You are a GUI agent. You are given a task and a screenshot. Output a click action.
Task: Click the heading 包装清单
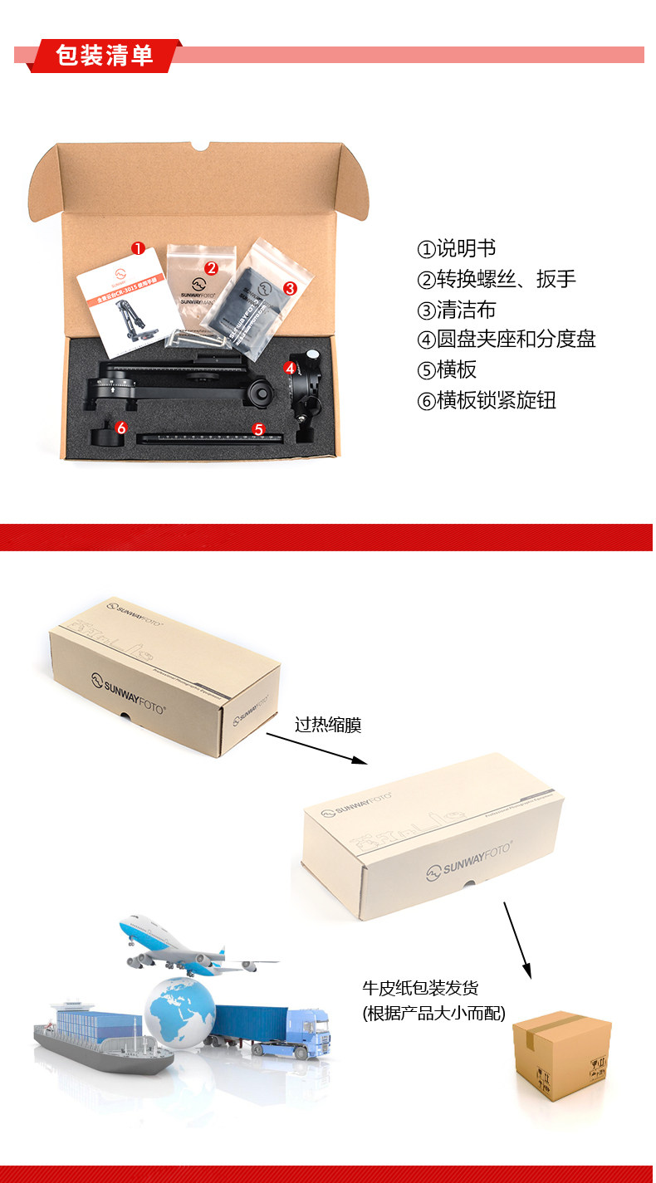click(x=105, y=55)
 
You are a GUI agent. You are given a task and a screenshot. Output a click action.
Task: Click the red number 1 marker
click(x=138, y=248)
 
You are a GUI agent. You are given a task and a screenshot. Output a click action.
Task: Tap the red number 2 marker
click(x=211, y=267)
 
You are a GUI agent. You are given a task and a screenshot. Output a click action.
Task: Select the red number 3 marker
click(x=290, y=288)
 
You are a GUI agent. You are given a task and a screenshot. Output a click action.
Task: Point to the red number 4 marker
click(x=290, y=367)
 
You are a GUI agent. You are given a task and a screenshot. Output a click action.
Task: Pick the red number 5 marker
click(x=258, y=429)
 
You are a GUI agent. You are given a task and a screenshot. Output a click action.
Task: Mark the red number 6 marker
click(x=121, y=428)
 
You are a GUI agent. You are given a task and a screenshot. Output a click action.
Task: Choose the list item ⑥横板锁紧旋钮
click(x=486, y=401)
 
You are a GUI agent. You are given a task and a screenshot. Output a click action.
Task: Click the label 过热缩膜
click(x=328, y=725)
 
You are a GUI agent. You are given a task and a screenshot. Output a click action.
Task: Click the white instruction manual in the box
click(x=125, y=303)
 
